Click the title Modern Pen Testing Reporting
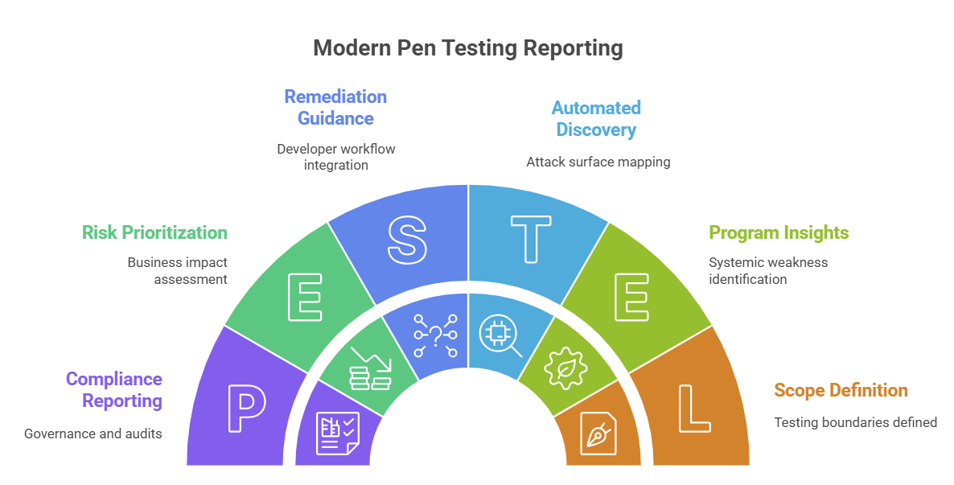pyautogui.click(x=467, y=48)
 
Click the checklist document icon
pyautogui.click(x=337, y=434)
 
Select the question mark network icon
pyautogui.click(x=435, y=335)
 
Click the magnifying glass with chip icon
pyautogui.click(x=500, y=335)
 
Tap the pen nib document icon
pyautogui.click(x=599, y=434)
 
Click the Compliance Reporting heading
pyautogui.click(x=113, y=389)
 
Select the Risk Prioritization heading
pyautogui.click(x=154, y=232)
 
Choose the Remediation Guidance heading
pyautogui.click(x=335, y=107)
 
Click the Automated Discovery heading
pyautogui.click(x=595, y=118)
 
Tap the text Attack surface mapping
pyautogui.click(x=598, y=162)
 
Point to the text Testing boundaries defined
pyautogui.click(x=855, y=421)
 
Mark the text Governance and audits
pyautogui.click(x=93, y=434)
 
